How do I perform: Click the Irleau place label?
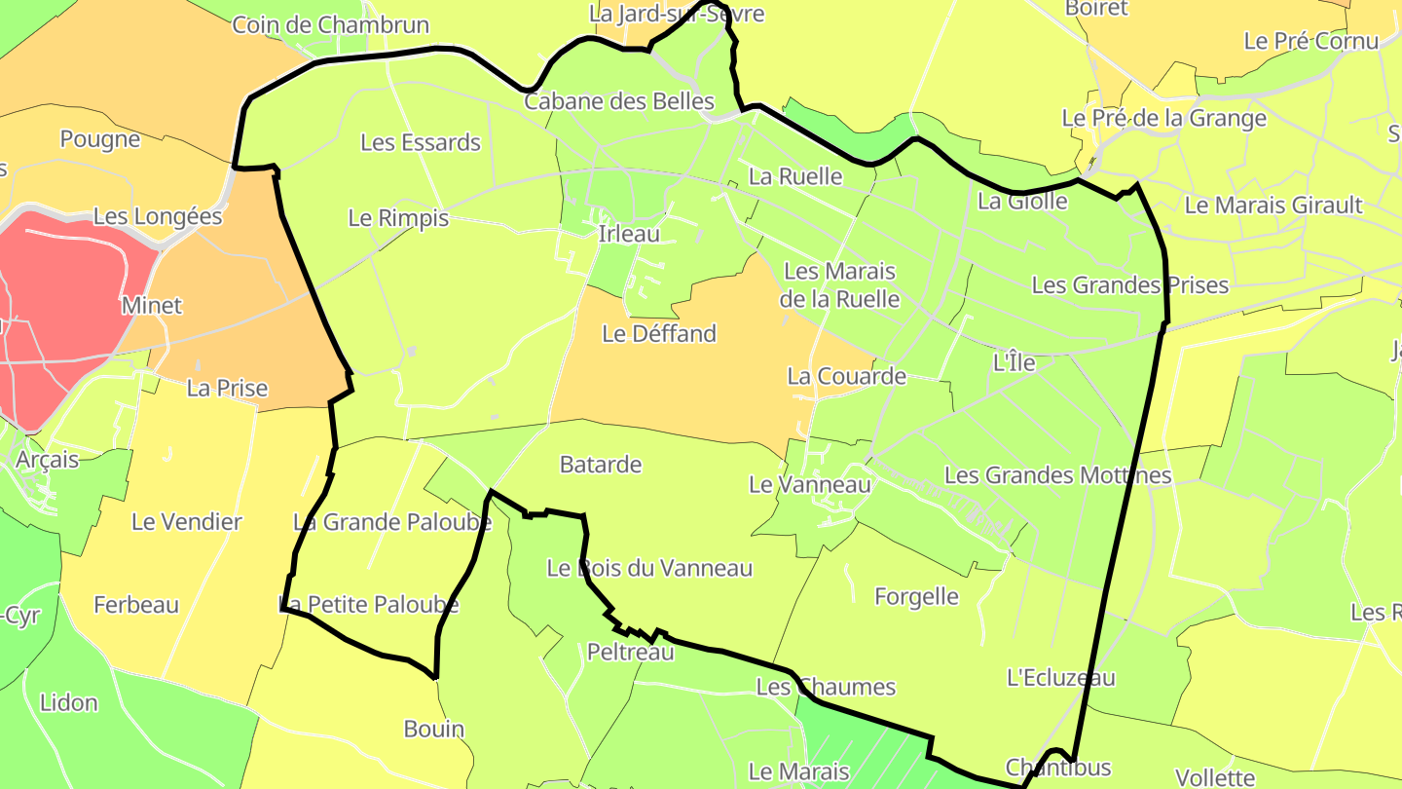pos(629,234)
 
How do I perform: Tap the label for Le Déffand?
pos(659,334)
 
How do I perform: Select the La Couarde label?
pos(846,376)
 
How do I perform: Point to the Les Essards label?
pos(421,143)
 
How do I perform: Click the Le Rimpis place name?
pos(398,218)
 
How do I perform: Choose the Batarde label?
pos(601,465)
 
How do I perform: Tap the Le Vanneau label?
pos(809,484)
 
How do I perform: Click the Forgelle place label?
pos(916,596)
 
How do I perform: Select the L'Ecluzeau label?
pos(1060,678)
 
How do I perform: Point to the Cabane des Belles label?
pos(619,101)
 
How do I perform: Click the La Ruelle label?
pos(795,176)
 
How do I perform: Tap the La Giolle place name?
pos(1022,202)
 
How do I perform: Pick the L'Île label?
pos(1014,362)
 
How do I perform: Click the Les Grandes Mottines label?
pos(1057,475)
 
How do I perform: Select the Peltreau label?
pos(631,653)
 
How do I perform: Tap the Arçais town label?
pos(48,459)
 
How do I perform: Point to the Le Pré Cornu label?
pos(1311,41)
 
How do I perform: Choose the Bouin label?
pos(434,730)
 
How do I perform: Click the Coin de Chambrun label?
pos(330,25)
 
